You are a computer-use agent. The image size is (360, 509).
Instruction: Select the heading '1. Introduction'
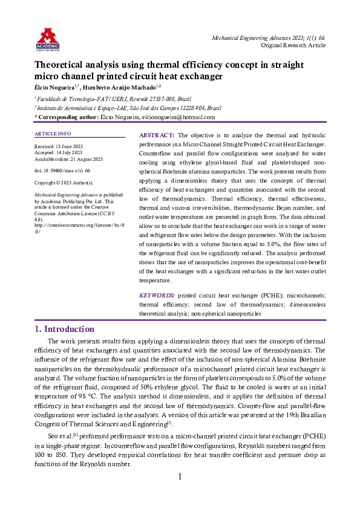[65, 329]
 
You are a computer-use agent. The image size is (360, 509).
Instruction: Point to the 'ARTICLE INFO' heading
[53, 133]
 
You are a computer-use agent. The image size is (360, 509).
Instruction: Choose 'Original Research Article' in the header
[293, 45]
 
